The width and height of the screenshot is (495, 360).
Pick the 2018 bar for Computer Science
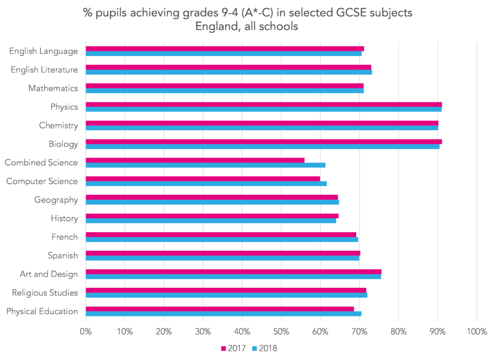(x=206, y=183)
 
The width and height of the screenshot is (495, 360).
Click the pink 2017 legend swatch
(x=223, y=348)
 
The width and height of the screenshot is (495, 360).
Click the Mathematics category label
(x=53, y=88)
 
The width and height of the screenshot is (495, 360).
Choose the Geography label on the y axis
(x=56, y=200)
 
